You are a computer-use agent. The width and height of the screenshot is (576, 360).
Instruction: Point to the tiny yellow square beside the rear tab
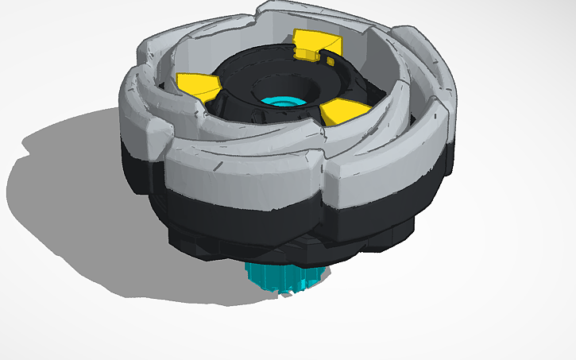(329, 60)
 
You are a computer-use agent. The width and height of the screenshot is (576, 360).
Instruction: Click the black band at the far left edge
(135, 171)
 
